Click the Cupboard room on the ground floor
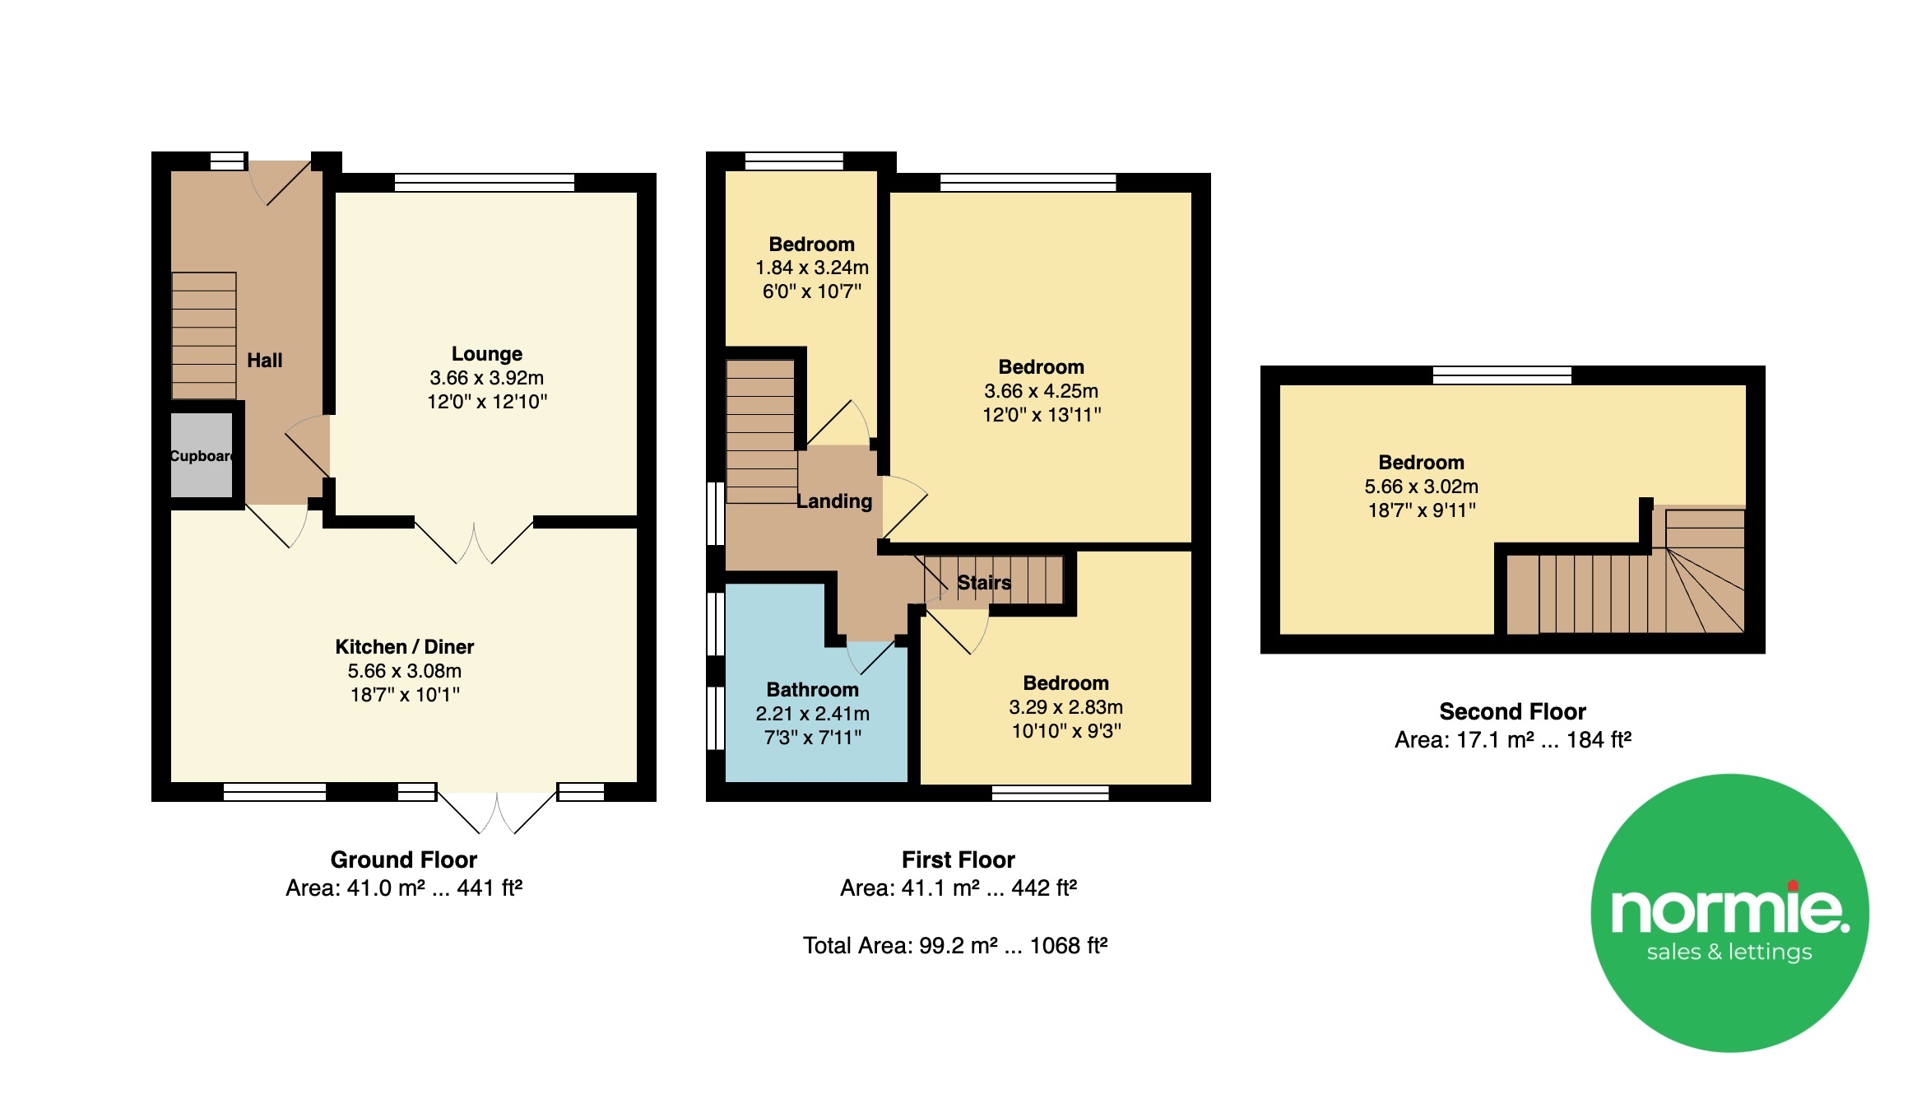(202, 455)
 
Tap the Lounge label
(487, 354)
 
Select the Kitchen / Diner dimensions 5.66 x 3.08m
(405, 671)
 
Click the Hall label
(265, 361)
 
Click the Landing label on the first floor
(834, 501)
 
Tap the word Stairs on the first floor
(984, 583)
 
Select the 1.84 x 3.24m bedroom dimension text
(812, 268)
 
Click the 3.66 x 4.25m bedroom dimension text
(1042, 391)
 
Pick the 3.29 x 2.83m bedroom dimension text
(1066, 707)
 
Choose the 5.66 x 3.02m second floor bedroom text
(1422, 487)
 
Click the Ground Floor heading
(404, 859)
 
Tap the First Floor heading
(958, 859)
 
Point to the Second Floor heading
(1513, 711)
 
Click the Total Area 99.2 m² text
(955, 945)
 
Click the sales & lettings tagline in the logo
(1729, 953)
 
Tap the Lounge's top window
(485, 182)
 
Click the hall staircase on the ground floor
(204, 336)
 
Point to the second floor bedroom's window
(1502, 375)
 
